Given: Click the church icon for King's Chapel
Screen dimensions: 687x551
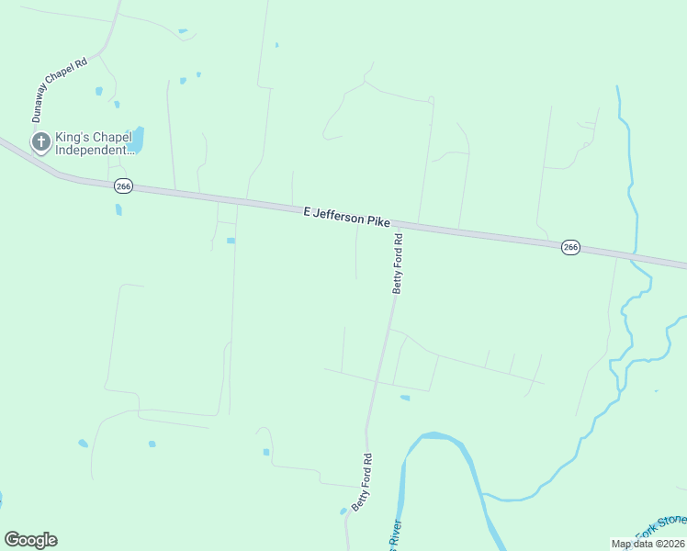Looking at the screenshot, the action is (40, 141).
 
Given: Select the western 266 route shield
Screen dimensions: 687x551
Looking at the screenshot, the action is (124, 186).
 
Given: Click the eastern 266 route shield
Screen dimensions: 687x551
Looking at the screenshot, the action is (570, 248).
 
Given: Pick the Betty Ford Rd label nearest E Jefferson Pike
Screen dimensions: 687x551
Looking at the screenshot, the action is (399, 263).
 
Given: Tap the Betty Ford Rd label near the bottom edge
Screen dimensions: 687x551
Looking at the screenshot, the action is (364, 482).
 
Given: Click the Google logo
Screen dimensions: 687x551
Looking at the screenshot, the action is (30, 540).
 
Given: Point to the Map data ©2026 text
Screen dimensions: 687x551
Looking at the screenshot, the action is (648, 544).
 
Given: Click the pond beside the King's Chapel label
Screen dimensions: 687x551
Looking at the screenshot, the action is (137, 141).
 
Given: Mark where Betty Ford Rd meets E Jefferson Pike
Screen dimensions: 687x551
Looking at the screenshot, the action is (405, 226).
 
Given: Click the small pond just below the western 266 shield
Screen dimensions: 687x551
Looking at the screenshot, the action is (118, 209).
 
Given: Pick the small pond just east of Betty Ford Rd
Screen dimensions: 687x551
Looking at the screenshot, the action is (405, 398).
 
